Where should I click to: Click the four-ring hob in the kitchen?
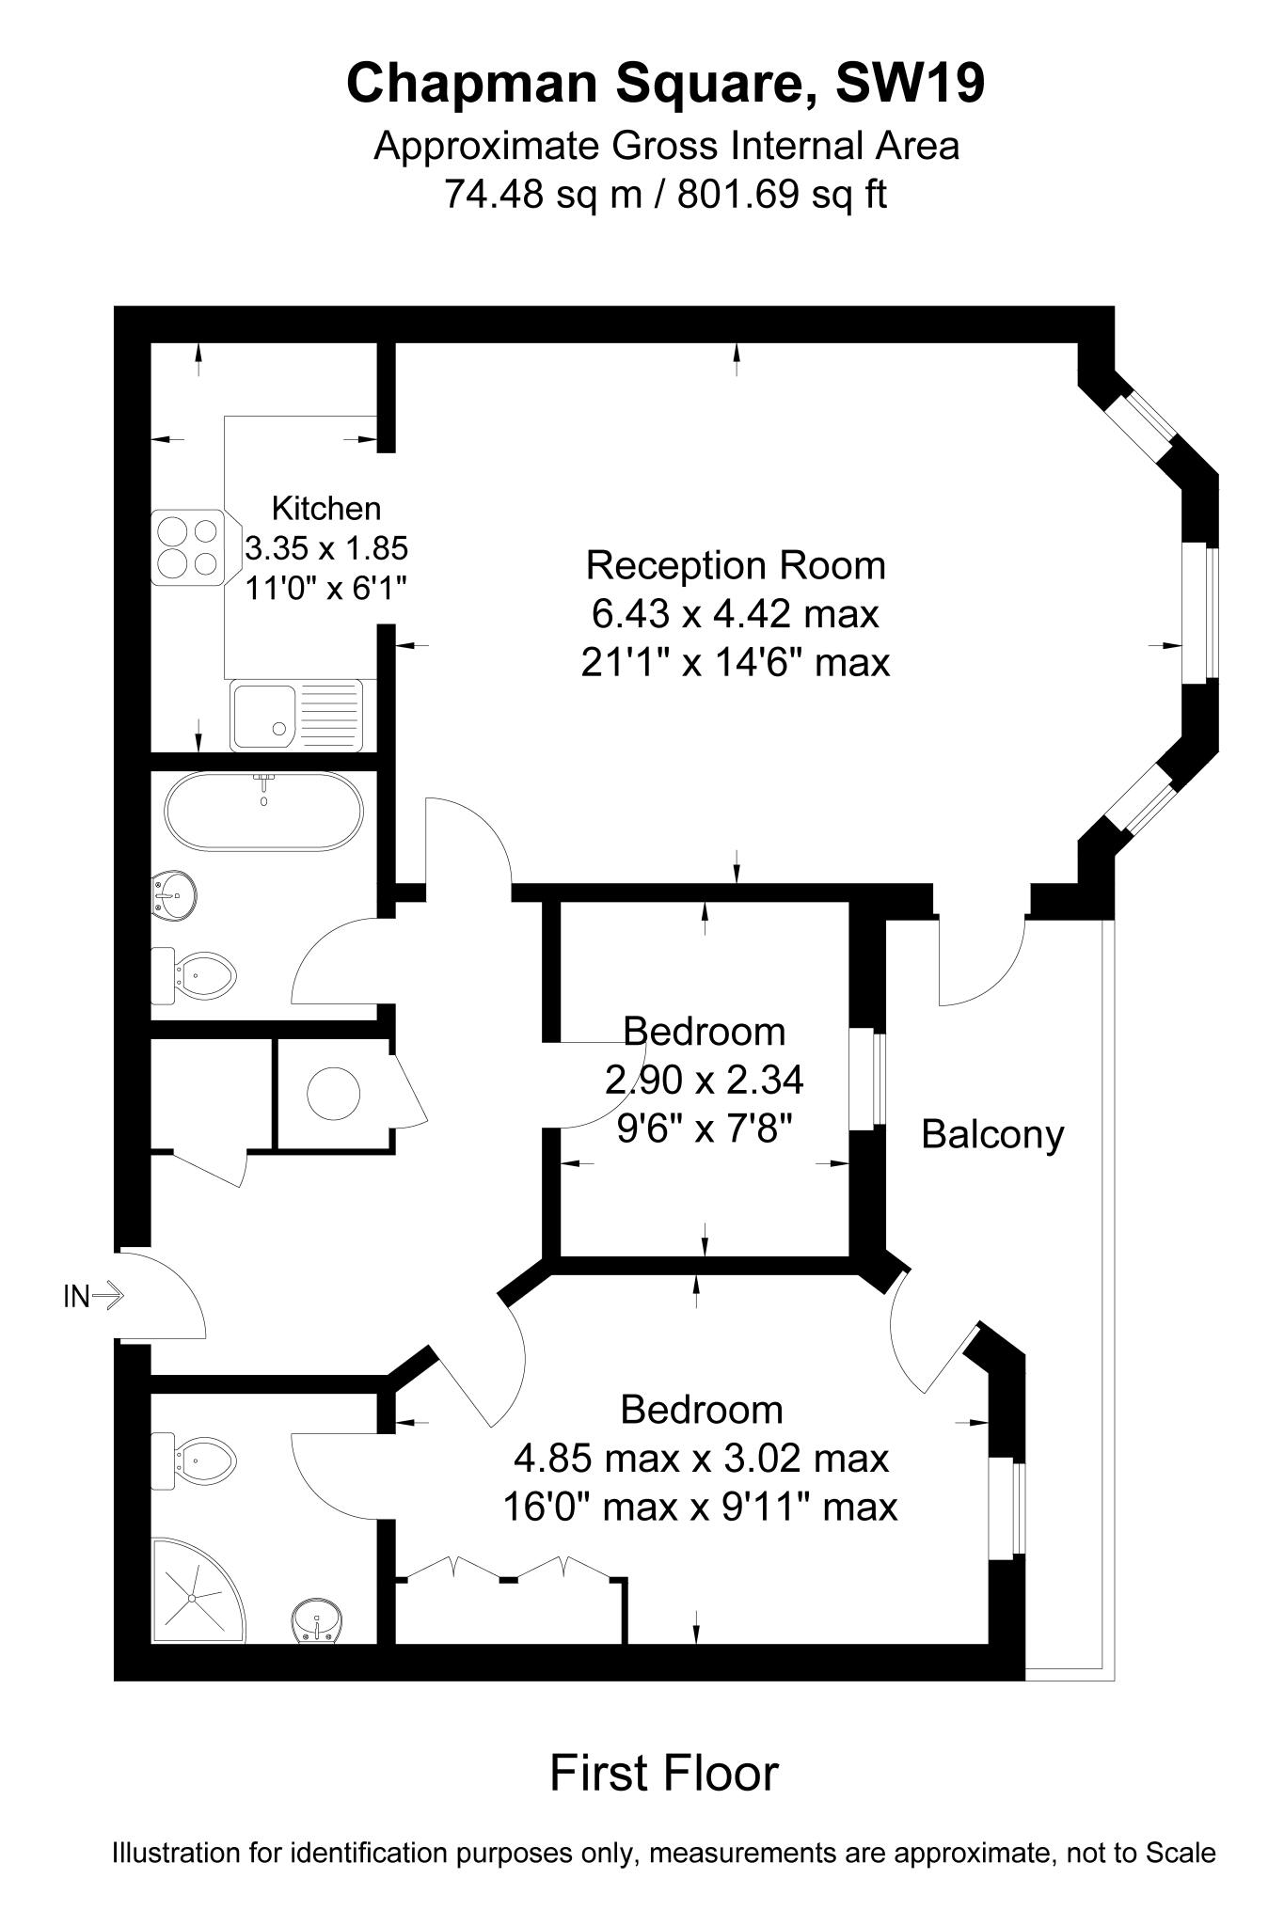[187, 547]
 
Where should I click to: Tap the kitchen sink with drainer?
[296, 715]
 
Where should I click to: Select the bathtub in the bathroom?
[262, 811]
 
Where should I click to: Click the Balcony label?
[991, 1134]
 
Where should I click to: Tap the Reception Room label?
[735, 566]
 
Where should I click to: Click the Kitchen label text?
[325, 509]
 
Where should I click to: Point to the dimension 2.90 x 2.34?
[704, 1080]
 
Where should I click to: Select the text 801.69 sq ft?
[782, 195]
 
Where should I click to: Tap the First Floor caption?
[664, 1773]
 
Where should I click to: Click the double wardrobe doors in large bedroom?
[508, 1569]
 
